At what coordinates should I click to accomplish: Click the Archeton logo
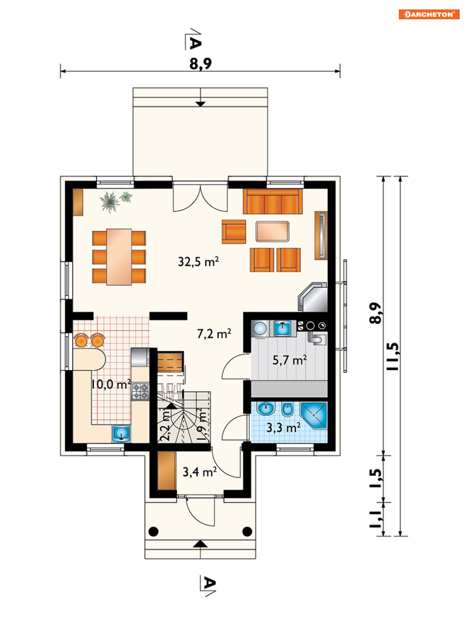click(429, 14)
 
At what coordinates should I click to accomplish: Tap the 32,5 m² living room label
click(198, 261)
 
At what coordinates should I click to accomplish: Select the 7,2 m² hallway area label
click(214, 333)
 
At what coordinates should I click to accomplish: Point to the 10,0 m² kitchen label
click(111, 384)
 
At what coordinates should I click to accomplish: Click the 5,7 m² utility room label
click(289, 360)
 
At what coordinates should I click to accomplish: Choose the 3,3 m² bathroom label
click(283, 428)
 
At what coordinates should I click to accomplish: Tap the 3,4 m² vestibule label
click(199, 472)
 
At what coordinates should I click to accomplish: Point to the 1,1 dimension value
click(375, 519)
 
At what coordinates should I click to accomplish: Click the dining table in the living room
click(119, 257)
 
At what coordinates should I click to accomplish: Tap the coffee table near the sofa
click(272, 232)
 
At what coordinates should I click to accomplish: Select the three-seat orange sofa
click(273, 201)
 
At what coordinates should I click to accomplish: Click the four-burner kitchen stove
click(140, 391)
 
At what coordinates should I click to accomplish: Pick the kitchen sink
click(121, 434)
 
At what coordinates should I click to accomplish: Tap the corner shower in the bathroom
click(314, 416)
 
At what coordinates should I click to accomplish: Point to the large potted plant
click(110, 202)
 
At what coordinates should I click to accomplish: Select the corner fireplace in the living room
click(313, 297)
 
